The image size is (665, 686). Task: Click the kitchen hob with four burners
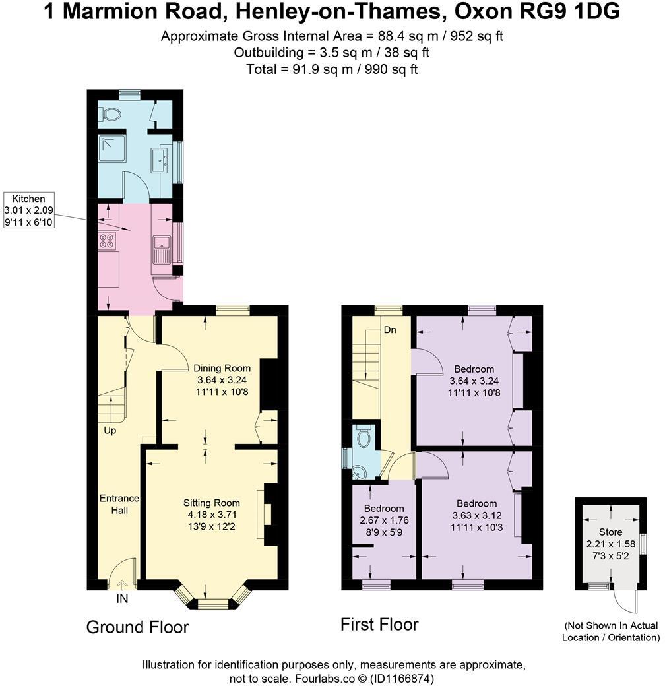[108, 240]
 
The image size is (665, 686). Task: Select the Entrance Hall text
[119, 504]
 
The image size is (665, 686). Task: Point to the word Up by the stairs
[110, 430]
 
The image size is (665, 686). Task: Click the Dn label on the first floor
[390, 330]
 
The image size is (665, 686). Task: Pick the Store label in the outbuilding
[610, 532]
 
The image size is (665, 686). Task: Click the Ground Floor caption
[137, 627]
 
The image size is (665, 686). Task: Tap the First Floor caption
[379, 624]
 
